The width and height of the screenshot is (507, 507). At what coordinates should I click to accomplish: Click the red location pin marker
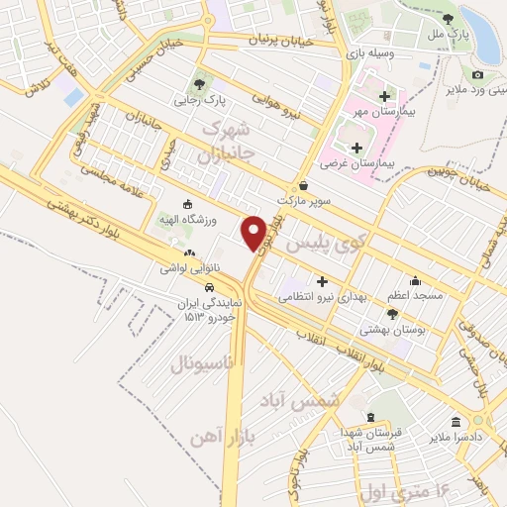[254, 233]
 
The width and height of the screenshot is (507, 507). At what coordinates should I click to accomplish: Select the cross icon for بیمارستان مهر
[383, 96]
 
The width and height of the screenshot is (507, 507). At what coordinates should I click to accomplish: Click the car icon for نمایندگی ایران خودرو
[210, 288]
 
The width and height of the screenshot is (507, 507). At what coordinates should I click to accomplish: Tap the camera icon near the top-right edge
[477, 75]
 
